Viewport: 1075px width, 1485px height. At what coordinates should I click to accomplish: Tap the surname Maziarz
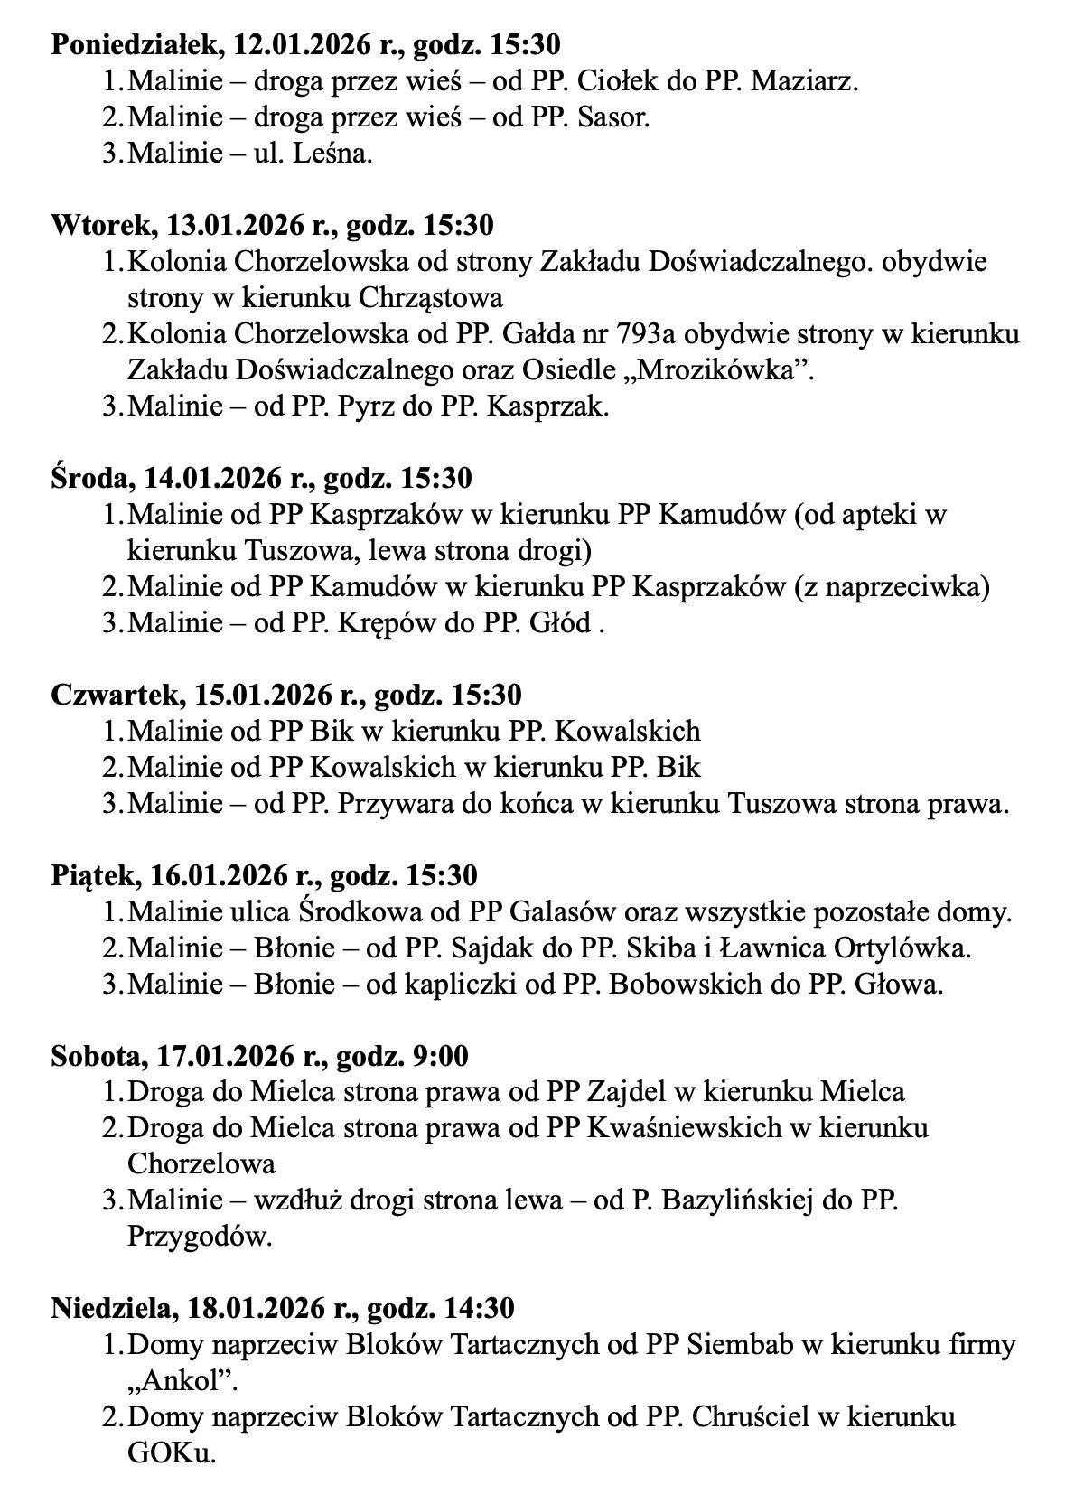click(803, 81)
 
